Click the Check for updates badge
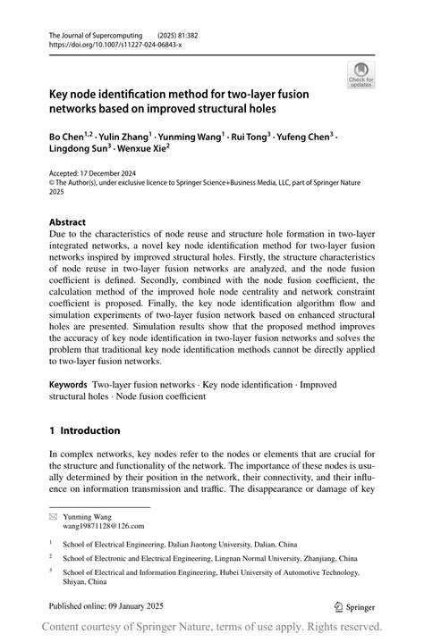(360, 75)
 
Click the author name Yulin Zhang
(124, 137)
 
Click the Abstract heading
(67, 222)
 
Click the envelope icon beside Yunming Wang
(53, 516)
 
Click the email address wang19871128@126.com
(103, 527)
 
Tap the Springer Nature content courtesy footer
(212, 626)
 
